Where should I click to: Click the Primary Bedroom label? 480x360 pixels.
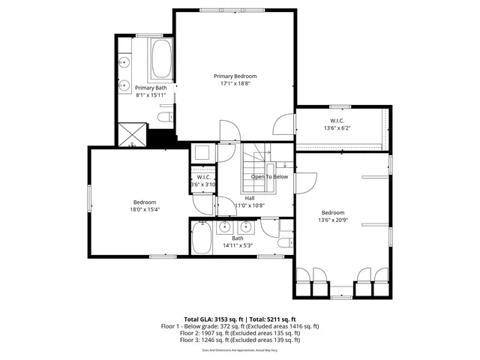click(235, 76)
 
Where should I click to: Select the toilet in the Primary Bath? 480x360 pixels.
click(166, 117)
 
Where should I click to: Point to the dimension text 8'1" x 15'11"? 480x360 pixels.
click(151, 95)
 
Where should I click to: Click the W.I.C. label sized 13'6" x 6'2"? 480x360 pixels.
click(337, 121)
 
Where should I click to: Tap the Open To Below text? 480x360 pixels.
click(269, 177)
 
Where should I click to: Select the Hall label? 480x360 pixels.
click(249, 198)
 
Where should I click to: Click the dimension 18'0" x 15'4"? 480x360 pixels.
click(145, 209)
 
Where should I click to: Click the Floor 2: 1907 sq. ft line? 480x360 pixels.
click(240, 333)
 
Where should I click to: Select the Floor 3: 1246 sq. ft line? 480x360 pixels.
click(240, 340)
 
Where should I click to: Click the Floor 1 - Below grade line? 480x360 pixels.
click(240, 326)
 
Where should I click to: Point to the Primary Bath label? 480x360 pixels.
click(151, 88)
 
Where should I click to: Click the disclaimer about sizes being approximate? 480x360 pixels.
click(240, 350)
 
